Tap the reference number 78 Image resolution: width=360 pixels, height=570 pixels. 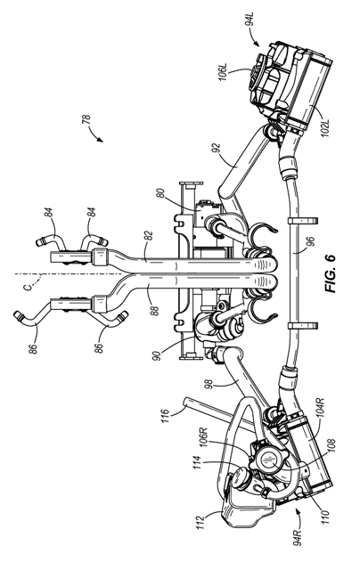pos(86,120)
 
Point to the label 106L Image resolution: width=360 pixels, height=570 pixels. pos(223,72)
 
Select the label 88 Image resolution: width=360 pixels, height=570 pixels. pos(154,310)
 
